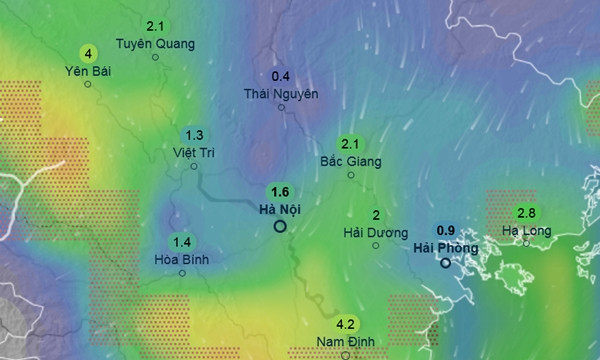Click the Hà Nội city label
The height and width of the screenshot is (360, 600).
coord(279,209)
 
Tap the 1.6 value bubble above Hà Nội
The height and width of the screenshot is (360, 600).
coord(279,192)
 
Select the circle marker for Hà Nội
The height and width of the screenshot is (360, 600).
coord(280,227)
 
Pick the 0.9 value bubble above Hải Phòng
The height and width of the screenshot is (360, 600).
coord(447,229)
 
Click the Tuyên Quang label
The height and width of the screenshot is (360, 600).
coord(154,43)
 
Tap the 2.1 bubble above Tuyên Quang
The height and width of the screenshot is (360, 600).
coord(155,26)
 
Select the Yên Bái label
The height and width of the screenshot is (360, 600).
coord(88,70)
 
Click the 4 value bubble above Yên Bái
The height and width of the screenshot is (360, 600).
coord(89,53)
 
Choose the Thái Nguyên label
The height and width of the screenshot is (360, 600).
coord(281,93)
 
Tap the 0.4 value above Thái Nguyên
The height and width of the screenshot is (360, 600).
coord(281,76)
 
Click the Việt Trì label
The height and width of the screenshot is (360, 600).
coord(194,152)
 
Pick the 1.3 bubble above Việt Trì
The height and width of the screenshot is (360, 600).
coord(194,135)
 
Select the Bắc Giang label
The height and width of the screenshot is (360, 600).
coord(350,160)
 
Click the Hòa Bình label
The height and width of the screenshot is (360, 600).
coord(182,258)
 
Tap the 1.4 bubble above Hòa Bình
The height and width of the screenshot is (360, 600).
coord(182,241)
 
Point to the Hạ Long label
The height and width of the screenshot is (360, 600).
coord(526,230)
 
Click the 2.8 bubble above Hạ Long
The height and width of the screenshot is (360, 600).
coord(527,213)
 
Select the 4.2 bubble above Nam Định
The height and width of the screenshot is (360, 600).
coord(346,324)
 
